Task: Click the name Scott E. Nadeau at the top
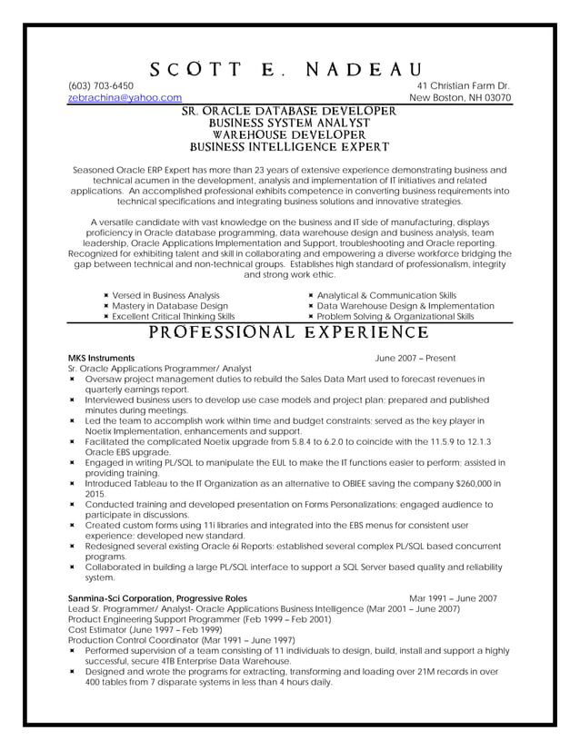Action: (289, 70)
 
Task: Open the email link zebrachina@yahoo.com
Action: (125, 97)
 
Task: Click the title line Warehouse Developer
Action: (289, 133)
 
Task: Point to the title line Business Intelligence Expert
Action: (289, 144)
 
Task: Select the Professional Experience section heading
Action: (289, 332)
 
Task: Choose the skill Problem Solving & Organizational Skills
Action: (395, 317)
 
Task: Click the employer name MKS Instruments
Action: (102, 359)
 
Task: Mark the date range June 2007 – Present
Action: (415, 359)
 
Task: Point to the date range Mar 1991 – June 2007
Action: (453, 598)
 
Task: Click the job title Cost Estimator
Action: (99, 629)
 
